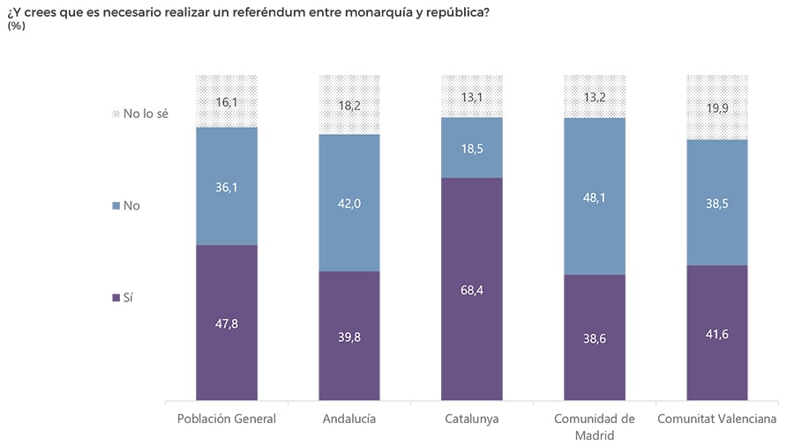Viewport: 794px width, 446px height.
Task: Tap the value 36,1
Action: pos(227,187)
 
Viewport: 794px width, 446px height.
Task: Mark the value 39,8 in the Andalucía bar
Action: pos(349,336)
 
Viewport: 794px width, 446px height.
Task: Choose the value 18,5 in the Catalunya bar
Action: pos(472,148)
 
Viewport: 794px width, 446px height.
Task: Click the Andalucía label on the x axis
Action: pos(349,419)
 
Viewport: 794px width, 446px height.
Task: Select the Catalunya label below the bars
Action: pos(472,419)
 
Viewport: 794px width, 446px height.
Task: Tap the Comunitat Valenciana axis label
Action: pos(717,419)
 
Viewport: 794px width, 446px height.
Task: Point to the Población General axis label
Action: pos(227,419)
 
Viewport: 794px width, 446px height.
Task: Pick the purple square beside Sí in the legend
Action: pos(116,298)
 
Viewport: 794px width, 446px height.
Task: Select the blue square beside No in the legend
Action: pos(116,206)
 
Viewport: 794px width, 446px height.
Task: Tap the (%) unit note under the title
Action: pos(16,26)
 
